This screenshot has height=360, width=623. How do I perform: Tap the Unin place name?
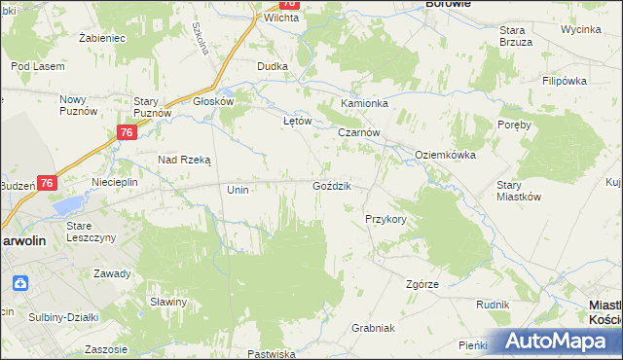click(x=238, y=190)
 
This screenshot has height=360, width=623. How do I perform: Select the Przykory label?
click(x=385, y=220)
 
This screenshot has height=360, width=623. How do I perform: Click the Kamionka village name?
click(x=364, y=103)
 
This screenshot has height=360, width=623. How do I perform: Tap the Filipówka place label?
click(x=568, y=81)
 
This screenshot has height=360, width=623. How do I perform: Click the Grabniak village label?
click(x=372, y=328)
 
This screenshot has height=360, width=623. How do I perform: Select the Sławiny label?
click(x=168, y=302)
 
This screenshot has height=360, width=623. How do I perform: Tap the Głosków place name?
click(x=214, y=100)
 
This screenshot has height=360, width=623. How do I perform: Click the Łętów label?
click(x=296, y=122)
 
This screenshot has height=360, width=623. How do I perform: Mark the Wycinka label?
click(x=580, y=29)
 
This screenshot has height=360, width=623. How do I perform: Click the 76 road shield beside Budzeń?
click(x=48, y=183)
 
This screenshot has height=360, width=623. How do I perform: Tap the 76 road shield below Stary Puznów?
click(x=127, y=133)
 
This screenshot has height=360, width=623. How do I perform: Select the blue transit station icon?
click(x=21, y=283)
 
